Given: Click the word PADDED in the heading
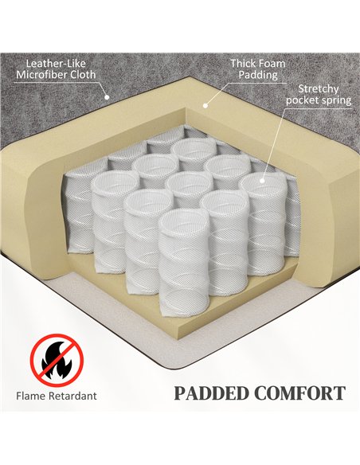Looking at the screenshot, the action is pos(212,393).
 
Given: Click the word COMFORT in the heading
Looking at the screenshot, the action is pos(299,393).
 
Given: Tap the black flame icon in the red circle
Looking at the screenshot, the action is pos(57,360).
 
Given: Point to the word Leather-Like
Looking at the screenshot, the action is pos(56,64).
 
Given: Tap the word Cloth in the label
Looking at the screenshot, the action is pos(83,74).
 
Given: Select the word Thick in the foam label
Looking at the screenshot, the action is pos(243,63).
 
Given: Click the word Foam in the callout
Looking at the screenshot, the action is pos(272,63).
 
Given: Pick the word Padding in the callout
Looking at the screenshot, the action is pos(258,75).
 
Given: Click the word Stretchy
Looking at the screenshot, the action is pos(319,88).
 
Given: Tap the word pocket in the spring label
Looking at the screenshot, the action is pos(301,100).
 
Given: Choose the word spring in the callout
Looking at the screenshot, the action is pos(335,100).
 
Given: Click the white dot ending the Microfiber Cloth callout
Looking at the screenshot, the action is pos(107,96).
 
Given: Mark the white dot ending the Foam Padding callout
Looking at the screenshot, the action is pos(205,105).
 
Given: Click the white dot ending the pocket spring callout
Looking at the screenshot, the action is pos(262,180).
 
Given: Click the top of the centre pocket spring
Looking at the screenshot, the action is pos(189,182).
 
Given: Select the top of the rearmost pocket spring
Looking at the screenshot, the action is pos(195,147).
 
